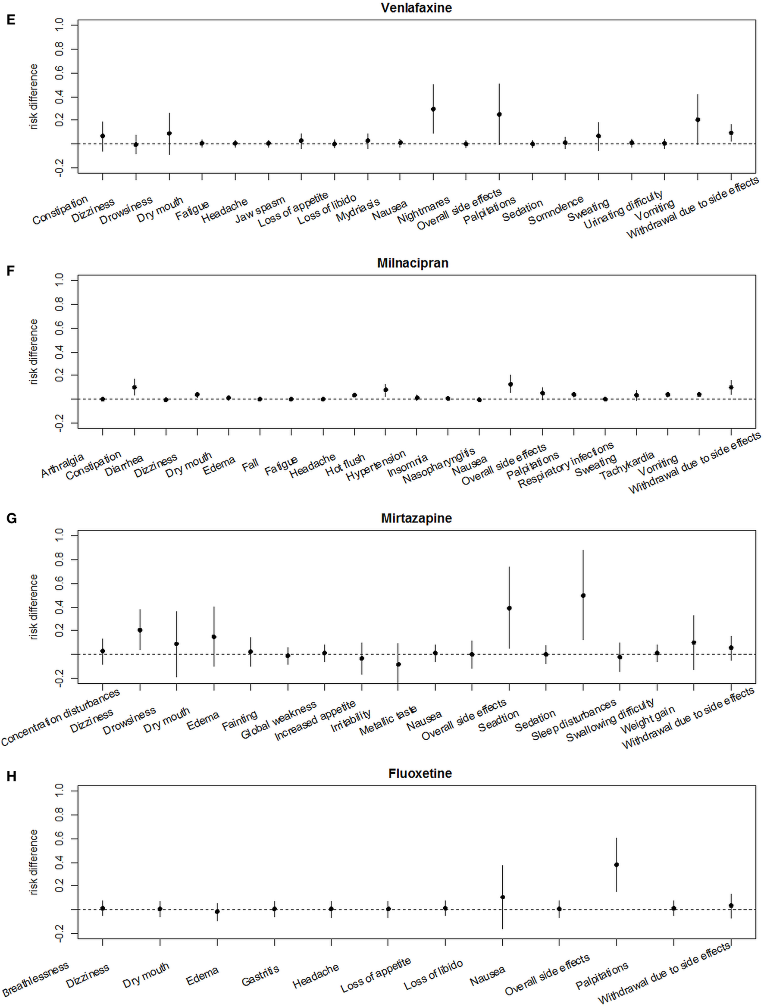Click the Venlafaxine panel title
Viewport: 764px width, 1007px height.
(416, 8)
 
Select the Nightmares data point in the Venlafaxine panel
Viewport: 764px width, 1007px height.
(433, 109)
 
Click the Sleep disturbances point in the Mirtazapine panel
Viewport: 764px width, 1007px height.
(583, 595)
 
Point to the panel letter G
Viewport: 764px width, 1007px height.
(11, 518)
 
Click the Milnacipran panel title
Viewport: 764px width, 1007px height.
(413, 263)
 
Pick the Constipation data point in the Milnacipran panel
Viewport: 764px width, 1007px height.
(135, 388)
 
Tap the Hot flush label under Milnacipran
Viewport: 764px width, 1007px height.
(345, 465)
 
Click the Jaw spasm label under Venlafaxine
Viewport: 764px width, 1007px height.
(260, 210)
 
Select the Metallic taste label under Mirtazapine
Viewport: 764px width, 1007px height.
(388, 721)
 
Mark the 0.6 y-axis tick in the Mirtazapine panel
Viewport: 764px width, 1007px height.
(59, 584)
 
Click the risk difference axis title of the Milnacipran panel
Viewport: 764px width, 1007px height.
(34, 351)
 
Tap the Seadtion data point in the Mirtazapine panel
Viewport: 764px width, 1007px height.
(509, 608)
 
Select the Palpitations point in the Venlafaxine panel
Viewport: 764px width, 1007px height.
(499, 114)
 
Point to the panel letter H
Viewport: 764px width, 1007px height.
(11, 776)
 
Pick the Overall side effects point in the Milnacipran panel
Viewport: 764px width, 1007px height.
(510, 384)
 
